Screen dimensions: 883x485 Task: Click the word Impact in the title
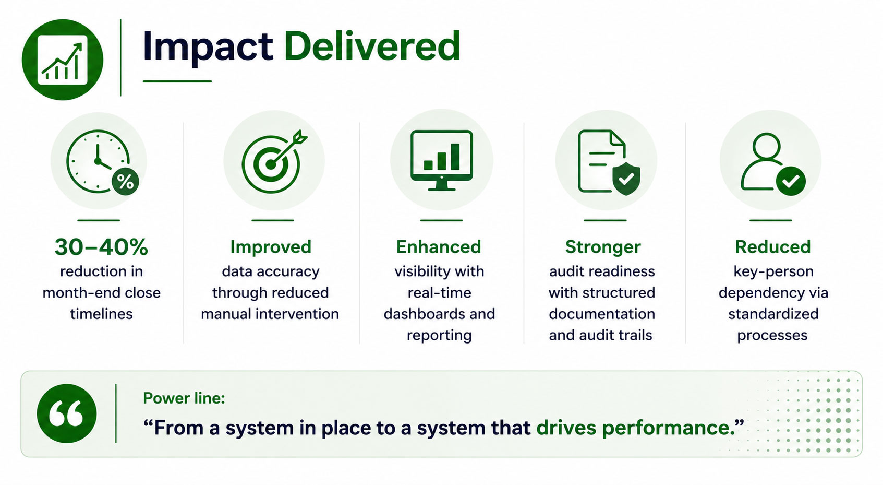208,47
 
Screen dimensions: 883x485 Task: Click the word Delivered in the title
372,46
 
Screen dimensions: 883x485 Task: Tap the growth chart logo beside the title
63,60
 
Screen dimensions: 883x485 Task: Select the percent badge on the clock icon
125,182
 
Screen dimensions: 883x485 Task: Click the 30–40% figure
101,247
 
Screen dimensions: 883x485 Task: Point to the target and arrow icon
274,161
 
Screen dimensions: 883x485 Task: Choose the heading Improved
271,247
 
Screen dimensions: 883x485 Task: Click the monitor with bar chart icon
441,160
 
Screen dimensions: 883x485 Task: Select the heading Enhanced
439,247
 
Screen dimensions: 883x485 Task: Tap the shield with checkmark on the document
626,180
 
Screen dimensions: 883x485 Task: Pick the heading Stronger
603,247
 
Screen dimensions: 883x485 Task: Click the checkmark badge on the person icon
791,181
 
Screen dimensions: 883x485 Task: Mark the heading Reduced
773,247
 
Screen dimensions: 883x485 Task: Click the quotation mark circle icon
67,413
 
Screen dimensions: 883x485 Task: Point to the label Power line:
184,398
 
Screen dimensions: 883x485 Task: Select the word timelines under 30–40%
101,314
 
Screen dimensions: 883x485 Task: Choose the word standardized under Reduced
773,314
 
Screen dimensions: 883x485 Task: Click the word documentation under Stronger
602,314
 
